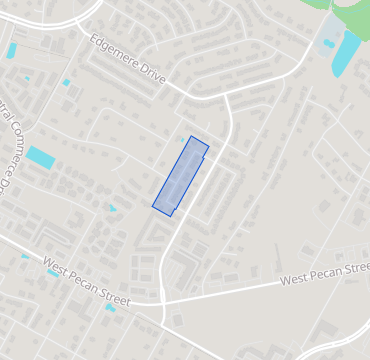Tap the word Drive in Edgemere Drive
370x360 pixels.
pyautogui.click(x=147, y=73)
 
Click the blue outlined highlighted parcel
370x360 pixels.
pyautogui.click(x=181, y=176)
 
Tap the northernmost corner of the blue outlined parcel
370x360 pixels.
pyautogui.click(x=191, y=136)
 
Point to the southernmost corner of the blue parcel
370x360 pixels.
pyautogui.click(x=171, y=216)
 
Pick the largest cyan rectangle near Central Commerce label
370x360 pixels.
pyautogui.click(x=41, y=157)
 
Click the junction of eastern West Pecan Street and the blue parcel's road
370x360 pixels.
pyautogui.click(x=162, y=299)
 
